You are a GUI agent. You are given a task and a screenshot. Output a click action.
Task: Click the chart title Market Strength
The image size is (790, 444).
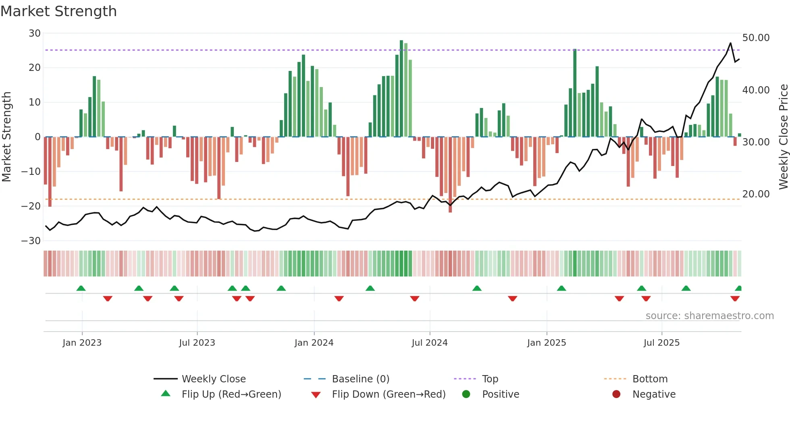(x=58, y=11)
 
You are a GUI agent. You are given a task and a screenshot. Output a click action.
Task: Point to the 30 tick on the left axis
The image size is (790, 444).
(x=35, y=33)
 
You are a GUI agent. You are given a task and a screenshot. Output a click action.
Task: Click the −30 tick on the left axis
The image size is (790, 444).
(x=31, y=241)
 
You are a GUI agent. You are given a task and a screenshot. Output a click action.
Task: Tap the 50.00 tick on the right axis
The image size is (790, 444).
(x=756, y=38)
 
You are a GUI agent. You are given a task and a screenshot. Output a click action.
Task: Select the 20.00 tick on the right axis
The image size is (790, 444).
(x=756, y=194)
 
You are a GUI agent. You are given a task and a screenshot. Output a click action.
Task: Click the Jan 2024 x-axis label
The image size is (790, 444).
(x=314, y=343)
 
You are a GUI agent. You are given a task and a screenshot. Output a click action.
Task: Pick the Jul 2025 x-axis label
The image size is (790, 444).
(x=661, y=343)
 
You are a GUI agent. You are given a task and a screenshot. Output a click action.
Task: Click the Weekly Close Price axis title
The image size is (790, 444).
(x=783, y=137)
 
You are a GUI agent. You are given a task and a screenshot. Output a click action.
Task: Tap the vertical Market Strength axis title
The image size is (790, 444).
(x=6, y=137)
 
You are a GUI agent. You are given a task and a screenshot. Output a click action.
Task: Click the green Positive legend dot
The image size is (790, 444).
(x=466, y=394)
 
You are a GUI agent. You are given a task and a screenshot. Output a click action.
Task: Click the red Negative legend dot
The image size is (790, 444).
(x=616, y=394)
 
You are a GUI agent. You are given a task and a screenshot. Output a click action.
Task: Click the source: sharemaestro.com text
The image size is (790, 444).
(x=709, y=316)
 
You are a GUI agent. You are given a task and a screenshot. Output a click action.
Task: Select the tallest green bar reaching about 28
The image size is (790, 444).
(x=401, y=89)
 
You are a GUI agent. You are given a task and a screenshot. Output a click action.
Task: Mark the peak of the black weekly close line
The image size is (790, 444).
(x=730, y=43)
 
